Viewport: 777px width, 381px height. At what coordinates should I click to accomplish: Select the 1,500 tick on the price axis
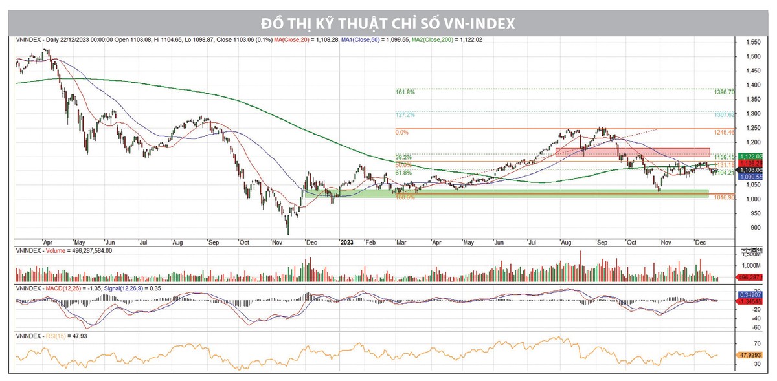tap(752, 56)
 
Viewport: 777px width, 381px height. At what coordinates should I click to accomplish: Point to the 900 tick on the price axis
tap(750, 227)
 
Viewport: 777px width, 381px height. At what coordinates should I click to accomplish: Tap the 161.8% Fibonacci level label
tap(405, 93)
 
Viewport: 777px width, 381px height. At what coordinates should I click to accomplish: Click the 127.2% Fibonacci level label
tap(405, 115)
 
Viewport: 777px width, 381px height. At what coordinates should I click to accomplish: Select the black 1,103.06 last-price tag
tap(755, 170)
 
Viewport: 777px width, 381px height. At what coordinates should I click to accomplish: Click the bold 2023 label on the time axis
tap(347, 242)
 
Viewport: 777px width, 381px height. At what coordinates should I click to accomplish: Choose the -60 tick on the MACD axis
tap(751, 327)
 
